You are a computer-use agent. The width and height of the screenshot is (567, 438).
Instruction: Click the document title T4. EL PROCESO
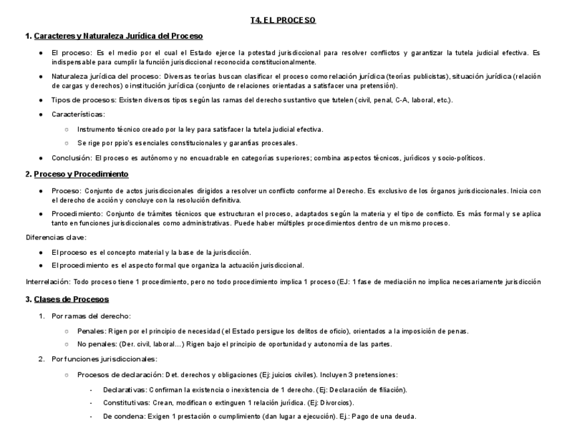(283, 20)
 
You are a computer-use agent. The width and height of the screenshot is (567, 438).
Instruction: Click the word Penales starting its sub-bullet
(90, 332)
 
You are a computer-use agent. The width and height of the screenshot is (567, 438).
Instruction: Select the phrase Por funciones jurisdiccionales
(98, 360)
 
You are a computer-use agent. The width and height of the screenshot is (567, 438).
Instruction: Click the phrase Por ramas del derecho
(91, 316)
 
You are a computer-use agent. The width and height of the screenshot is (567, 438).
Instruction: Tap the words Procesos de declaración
(114, 374)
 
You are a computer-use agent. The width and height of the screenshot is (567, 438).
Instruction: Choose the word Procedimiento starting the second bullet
(76, 213)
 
